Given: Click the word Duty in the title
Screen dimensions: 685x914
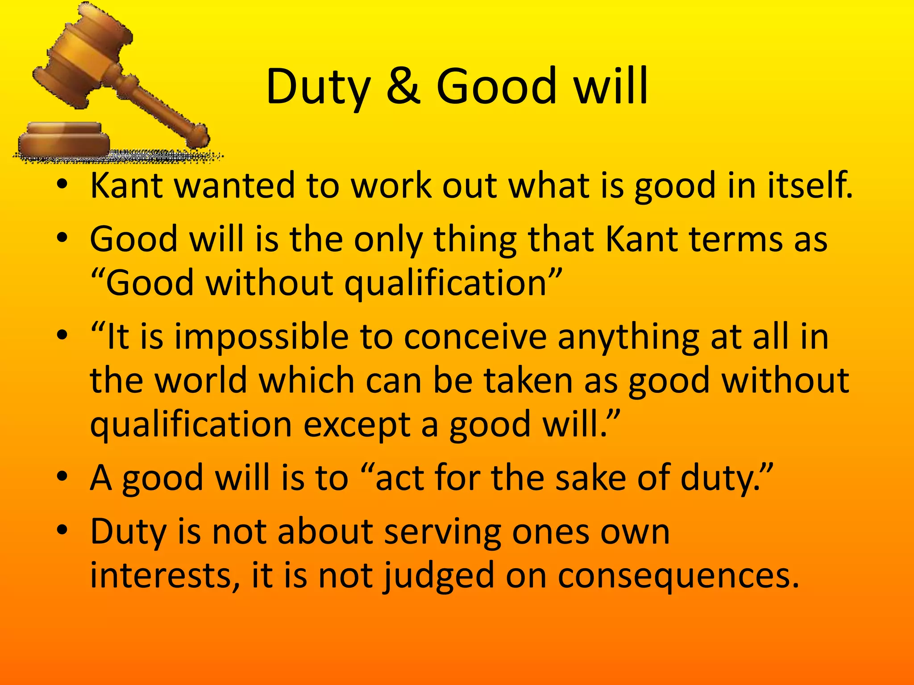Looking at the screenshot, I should point(318,87).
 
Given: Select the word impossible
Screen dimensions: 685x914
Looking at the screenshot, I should point(261,337).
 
